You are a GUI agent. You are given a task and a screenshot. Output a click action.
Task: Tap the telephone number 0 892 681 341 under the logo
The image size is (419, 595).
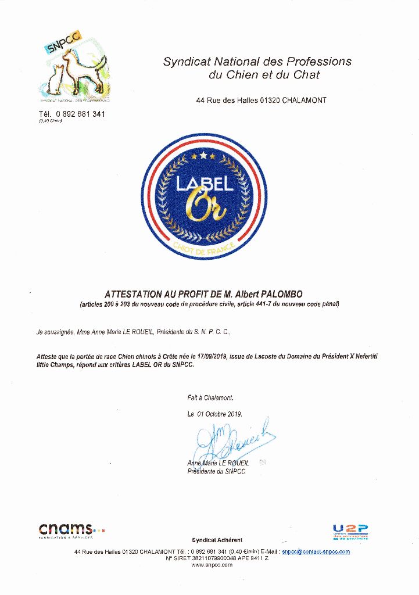tap(80, 114)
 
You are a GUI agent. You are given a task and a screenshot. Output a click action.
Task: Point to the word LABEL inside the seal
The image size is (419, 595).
tap(205, 184)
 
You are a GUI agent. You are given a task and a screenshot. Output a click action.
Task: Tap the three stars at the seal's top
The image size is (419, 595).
tap(204, 156)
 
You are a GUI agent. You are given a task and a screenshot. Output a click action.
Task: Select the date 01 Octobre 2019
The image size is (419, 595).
tap(220, 414)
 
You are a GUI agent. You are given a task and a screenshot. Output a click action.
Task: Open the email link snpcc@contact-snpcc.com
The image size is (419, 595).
tap(316, 551)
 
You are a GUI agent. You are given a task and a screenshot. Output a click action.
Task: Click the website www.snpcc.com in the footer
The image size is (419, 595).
tap(212, 564)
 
